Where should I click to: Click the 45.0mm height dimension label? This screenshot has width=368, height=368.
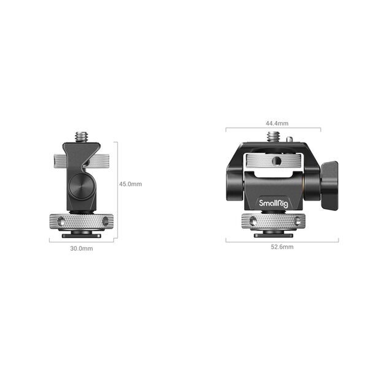(130, 184)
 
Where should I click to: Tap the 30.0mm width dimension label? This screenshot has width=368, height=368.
(82, 249)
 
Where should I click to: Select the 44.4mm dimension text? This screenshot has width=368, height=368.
(274, 123)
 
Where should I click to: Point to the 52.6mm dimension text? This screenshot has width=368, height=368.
(283, 247)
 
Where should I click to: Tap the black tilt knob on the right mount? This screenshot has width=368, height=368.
(329, 184)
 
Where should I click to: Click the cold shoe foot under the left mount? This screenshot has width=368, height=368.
(82, 234)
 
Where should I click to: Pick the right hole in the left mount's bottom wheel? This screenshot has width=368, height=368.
(105, 220)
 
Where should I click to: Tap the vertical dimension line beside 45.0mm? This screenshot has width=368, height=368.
(117, 184)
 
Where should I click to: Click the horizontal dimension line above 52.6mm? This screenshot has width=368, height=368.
(282, 241)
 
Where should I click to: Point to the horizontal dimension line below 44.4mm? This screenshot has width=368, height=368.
(274, 129)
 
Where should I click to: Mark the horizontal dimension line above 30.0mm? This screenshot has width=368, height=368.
(82, 242)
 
